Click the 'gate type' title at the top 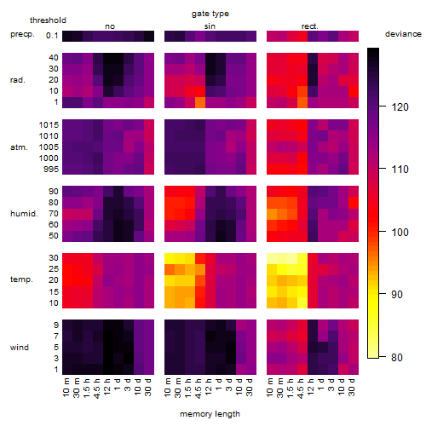(x=210, y=14)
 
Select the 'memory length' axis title (x=210, y=414)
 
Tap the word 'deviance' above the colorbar (x=403, y=34)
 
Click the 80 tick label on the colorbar (x=397, y=357)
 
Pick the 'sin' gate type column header (x=210, y=26)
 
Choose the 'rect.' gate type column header (x=310, y=26)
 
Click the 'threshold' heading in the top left (x=48, y=20)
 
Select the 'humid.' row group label (x=24, y=214)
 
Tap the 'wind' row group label (x=20, y=348)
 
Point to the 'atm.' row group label (x=19, y=147)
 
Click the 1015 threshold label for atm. (x=49, y=125)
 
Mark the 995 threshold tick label (x=51, y=170)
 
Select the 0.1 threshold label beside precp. (x=52, y=36)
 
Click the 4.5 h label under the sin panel (x=199, y=388)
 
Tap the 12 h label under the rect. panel (x=311, y=386)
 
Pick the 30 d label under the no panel (x=147, y=387)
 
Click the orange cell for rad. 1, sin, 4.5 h (x=200, y=102)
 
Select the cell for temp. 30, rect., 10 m (x=272, y=258)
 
